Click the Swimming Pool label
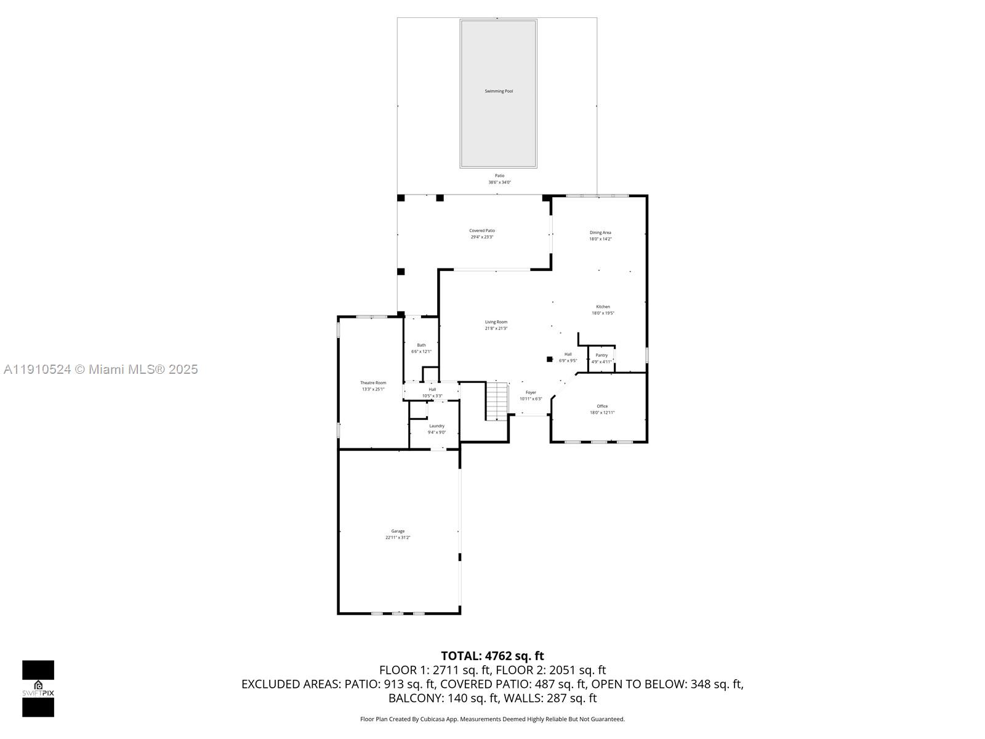point(499,91)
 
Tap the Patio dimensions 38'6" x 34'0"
point(499,182)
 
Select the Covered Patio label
point(482,230)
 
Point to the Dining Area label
point(600,232)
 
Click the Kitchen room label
point(603,307)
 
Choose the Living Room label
point(496,322)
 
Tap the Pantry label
point(601,355)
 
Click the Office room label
point(602,406)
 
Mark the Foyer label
point(531,392)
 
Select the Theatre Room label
point(373,382)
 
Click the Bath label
point(421,345)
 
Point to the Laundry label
point(436,426)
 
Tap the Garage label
point(398,531)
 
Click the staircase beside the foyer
point(497,401)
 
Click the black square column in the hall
point(550,359)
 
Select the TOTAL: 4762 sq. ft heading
point(492,656)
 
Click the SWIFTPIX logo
point(38,689)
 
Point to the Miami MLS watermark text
point(100,369)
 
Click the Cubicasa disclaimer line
point(492,719)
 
